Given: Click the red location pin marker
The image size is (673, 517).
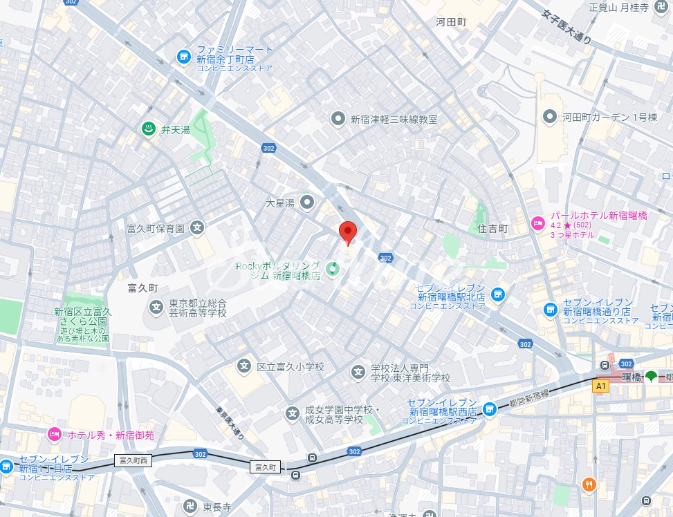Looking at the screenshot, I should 347,233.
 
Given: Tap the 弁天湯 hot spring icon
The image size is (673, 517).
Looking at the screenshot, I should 148,128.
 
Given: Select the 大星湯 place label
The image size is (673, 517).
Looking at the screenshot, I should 281,203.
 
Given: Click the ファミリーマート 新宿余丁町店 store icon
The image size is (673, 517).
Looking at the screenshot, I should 183,56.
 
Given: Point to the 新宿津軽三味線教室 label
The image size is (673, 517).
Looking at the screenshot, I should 394,119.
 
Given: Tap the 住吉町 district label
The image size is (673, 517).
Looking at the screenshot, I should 492,228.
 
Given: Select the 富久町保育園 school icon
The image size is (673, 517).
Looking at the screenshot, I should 197,227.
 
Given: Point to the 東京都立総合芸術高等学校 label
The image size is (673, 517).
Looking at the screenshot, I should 199,308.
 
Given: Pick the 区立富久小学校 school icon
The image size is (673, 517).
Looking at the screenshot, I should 243,366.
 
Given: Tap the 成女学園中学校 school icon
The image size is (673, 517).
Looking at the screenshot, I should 293,413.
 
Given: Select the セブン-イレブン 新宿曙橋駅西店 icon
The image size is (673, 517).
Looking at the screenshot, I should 490,409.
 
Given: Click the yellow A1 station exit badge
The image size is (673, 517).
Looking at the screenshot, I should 600,386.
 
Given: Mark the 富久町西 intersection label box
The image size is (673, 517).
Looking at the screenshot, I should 133,460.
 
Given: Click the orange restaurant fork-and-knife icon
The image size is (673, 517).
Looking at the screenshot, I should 589,485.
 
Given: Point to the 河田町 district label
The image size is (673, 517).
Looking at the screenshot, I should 452,22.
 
